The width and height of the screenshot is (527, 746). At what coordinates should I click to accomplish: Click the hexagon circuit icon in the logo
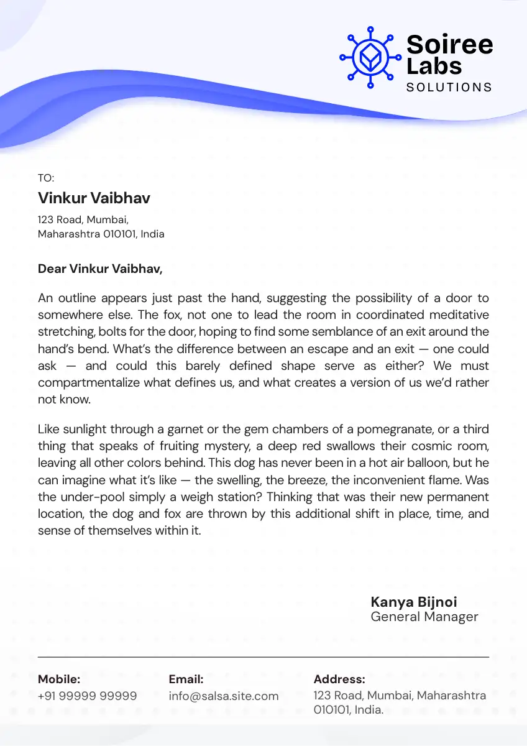tap(370, 57)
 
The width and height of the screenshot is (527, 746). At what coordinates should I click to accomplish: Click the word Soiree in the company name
tap(449, 44)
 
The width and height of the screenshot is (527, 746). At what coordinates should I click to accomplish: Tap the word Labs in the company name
tap(434, 65)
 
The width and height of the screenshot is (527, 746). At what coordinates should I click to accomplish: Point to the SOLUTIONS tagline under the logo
tap(449, 87)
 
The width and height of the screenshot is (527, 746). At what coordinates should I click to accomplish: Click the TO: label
tap(46, 178)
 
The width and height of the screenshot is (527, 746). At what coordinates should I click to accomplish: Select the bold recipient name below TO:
tap(94, 198)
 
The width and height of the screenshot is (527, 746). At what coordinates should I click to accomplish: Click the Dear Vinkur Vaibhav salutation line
tap(100, 269)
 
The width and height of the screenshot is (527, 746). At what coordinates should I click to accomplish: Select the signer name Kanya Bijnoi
tap(414, 602)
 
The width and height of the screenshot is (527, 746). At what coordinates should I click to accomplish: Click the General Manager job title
tap(424, 617)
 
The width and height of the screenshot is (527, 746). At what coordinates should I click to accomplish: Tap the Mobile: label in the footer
tap(59, 679)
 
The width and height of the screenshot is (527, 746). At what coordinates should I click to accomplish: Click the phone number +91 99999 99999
tap(88, 696)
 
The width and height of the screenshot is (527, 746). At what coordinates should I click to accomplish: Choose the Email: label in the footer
tap(186, 679)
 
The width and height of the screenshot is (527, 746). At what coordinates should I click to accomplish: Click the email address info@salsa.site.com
tap(224, 696)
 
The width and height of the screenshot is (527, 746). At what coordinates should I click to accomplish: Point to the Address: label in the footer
tap(339, 679)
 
